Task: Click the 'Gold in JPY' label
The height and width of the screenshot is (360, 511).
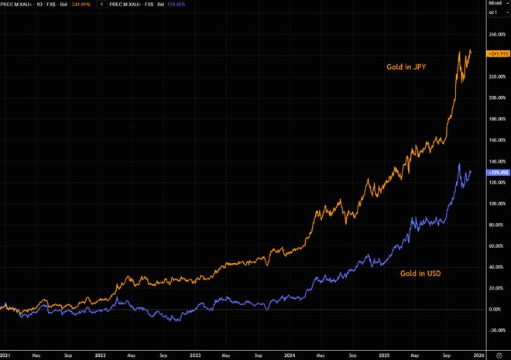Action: pos(406,67)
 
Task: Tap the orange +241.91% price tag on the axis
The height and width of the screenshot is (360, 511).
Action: pos(498,53)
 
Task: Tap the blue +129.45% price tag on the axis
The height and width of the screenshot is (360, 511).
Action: pos(498,172)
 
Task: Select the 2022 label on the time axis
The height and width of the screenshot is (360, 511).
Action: pos(100,355)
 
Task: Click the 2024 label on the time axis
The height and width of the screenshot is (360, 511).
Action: pos(289,355)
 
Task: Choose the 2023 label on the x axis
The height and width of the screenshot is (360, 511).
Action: pos(194,355)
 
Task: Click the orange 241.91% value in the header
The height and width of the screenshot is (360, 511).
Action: pos(81,4)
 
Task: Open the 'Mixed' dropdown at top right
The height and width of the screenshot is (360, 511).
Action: pos(496,4)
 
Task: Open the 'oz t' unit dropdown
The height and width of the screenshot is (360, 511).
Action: pos(496,14)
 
